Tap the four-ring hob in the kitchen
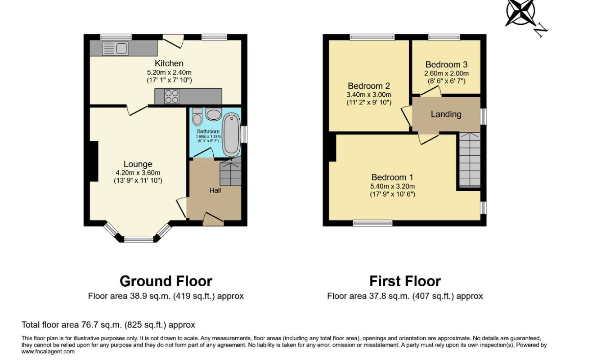point(172,96)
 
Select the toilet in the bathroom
point(198,117)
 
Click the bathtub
point(231,135)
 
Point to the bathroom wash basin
point(214,114)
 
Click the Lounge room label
point(138,164)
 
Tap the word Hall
point(215,190)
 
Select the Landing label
point(446,114)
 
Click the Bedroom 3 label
point(446,65)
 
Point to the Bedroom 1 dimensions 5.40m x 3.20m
point(393,186)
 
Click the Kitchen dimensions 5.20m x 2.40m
point(169,72)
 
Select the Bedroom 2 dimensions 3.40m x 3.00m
point(369,95)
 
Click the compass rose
point(520,12)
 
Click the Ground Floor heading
point(166,281)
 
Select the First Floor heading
point(405,281)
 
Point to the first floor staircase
point(470,160)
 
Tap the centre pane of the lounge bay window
point(139,239)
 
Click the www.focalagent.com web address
point(48,352)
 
